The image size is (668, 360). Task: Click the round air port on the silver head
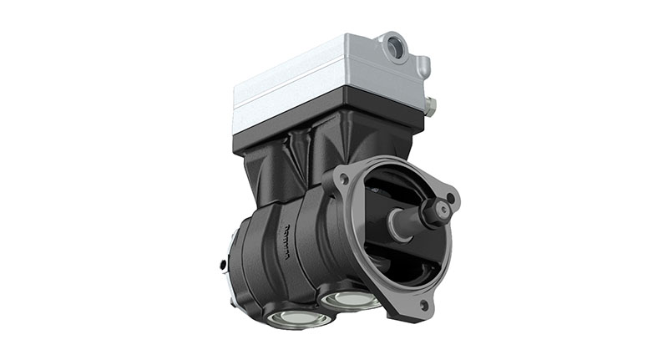click(x=394, y=48)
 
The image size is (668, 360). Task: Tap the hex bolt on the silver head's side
click(x=431, y=104)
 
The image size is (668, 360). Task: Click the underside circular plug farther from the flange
click(x=286, y=317)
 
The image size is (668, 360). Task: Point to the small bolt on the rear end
click(x=223, y=266)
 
